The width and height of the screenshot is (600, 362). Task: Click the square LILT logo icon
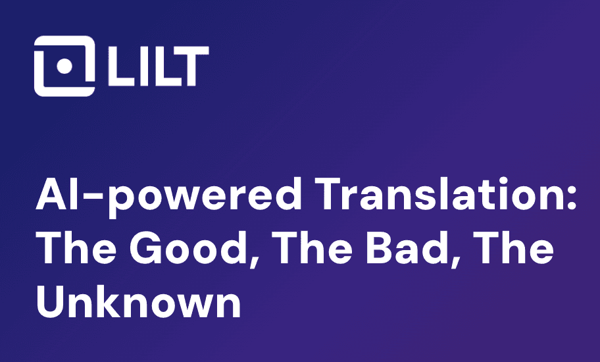tap(64, 66)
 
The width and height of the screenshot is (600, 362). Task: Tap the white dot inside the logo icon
tap(64, 66)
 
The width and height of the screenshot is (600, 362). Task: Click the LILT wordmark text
tap(158, 66)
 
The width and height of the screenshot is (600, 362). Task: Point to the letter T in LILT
tap(189, 66)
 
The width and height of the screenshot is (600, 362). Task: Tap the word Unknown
tap(138, 301)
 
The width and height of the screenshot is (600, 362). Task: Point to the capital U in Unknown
tap(50, 302)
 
